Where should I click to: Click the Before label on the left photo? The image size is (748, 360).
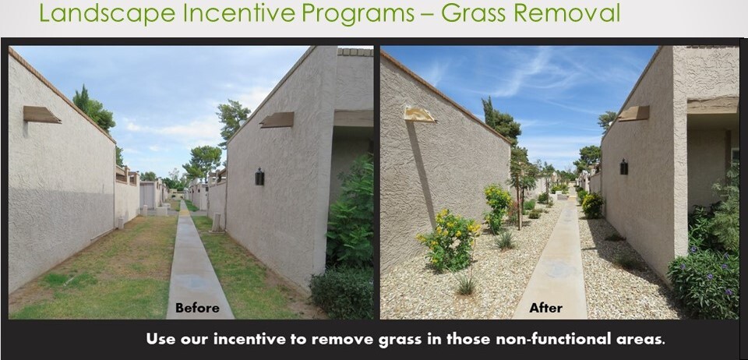[x=196, y=308]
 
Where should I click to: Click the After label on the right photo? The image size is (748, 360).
[x=545, y=308]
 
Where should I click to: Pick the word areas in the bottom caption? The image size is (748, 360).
[x=640, y=340]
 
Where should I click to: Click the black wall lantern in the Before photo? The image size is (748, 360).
[x=259, y=177]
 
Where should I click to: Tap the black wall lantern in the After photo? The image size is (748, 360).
[x=623, y=167]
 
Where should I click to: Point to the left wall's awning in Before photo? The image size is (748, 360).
[x=41, y=115]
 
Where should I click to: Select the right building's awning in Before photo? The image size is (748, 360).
[x=277, y=119]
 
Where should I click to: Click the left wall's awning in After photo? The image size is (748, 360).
[x=419, y=114]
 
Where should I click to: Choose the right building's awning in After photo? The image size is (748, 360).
[x=633, y=113]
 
